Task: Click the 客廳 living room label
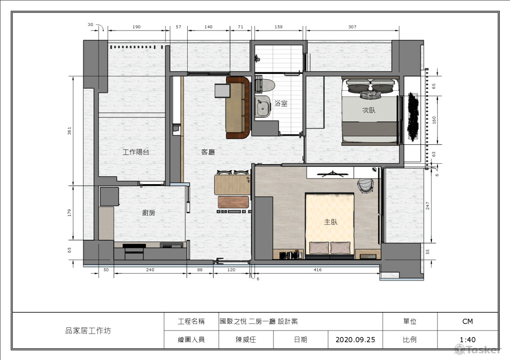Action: (208, 152)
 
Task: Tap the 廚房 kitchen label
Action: (148, 213)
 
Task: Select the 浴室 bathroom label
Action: (281, 104)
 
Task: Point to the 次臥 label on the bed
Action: (369, 110)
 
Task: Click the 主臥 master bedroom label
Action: (331, 222)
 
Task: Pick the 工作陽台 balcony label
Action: (136, 152)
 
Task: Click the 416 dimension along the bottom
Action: (317, 270)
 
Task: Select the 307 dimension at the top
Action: (352, 27)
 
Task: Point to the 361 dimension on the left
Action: (69, 131)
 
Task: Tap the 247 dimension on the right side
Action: (428, 205)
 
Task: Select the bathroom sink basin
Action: (263, 107)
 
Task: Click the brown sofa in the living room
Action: (238, 107)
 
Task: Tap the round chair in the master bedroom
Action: (366, 186)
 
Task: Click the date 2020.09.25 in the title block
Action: (355, 340)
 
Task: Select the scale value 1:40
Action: (467, 340)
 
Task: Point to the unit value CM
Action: (467, 321)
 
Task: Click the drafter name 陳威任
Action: (246, 340)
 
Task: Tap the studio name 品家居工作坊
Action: (88, 331)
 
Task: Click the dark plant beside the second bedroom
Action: (413, 116)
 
